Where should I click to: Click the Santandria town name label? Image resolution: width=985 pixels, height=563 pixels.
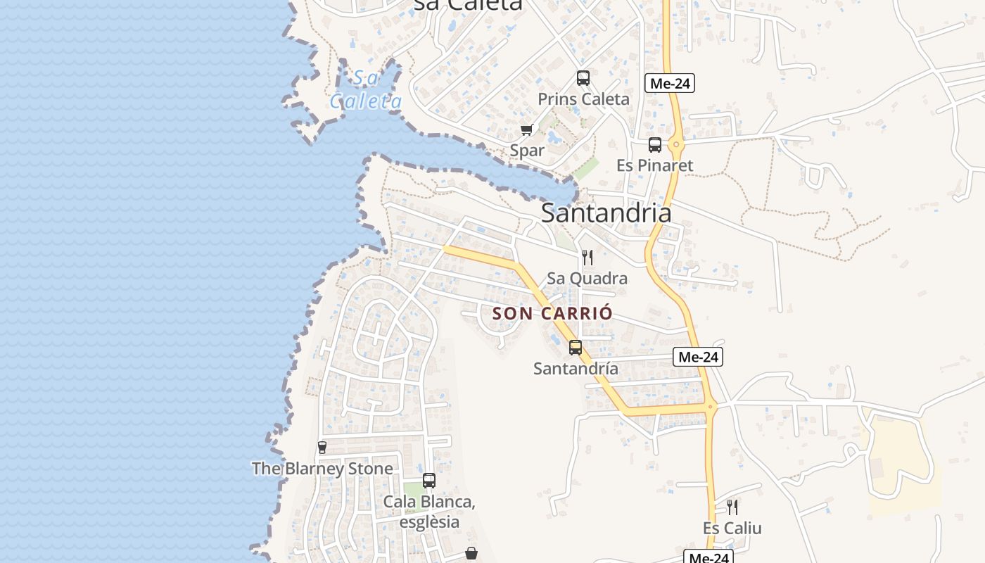pos(606,213)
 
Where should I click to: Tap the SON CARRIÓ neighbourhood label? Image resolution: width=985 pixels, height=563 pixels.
pos(552,313)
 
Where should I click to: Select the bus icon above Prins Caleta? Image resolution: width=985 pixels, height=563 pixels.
pos(583,78)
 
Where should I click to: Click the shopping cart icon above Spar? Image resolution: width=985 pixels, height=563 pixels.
pos(526,129)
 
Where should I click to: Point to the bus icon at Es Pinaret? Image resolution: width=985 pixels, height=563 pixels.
pos(655,145)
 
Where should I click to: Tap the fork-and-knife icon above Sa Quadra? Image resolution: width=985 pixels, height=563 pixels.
pos(587,257)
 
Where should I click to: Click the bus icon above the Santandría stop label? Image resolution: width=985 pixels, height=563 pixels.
pos(576,347)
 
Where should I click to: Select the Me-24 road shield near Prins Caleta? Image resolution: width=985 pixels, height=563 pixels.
pos(670,83)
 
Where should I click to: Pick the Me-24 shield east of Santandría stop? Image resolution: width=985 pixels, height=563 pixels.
pos(698,357)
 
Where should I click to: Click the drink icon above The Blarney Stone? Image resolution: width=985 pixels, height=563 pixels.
pos(322,448)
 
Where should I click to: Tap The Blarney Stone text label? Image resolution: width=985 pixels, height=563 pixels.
pos(322,468)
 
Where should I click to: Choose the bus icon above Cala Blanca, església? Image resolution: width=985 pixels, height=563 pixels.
pos(429,481)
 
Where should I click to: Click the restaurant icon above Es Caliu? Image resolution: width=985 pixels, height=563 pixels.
pos(732,507)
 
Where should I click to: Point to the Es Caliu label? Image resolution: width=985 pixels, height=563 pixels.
pos(732,528)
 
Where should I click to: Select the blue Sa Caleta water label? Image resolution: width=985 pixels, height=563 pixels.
pos(366,89)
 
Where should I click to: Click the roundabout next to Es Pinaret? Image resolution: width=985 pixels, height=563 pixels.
pos(676,146)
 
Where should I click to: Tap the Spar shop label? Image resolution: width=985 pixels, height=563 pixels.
pos(527,150)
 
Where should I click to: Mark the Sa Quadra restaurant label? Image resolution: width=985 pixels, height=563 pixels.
pos(587,278)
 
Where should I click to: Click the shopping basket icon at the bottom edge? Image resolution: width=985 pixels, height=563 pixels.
pos(471,554)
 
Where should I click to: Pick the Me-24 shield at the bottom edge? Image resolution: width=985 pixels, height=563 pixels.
pos(708,557)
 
